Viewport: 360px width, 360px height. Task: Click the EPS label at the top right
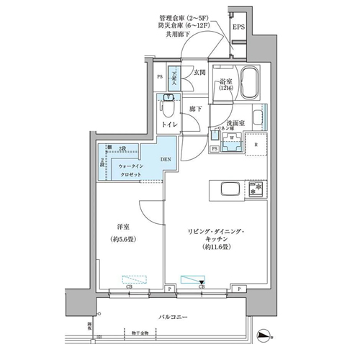click(238, 28)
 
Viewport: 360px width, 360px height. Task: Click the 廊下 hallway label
click(196, 109)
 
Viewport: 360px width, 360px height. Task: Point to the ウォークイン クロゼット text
click(130, 170)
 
